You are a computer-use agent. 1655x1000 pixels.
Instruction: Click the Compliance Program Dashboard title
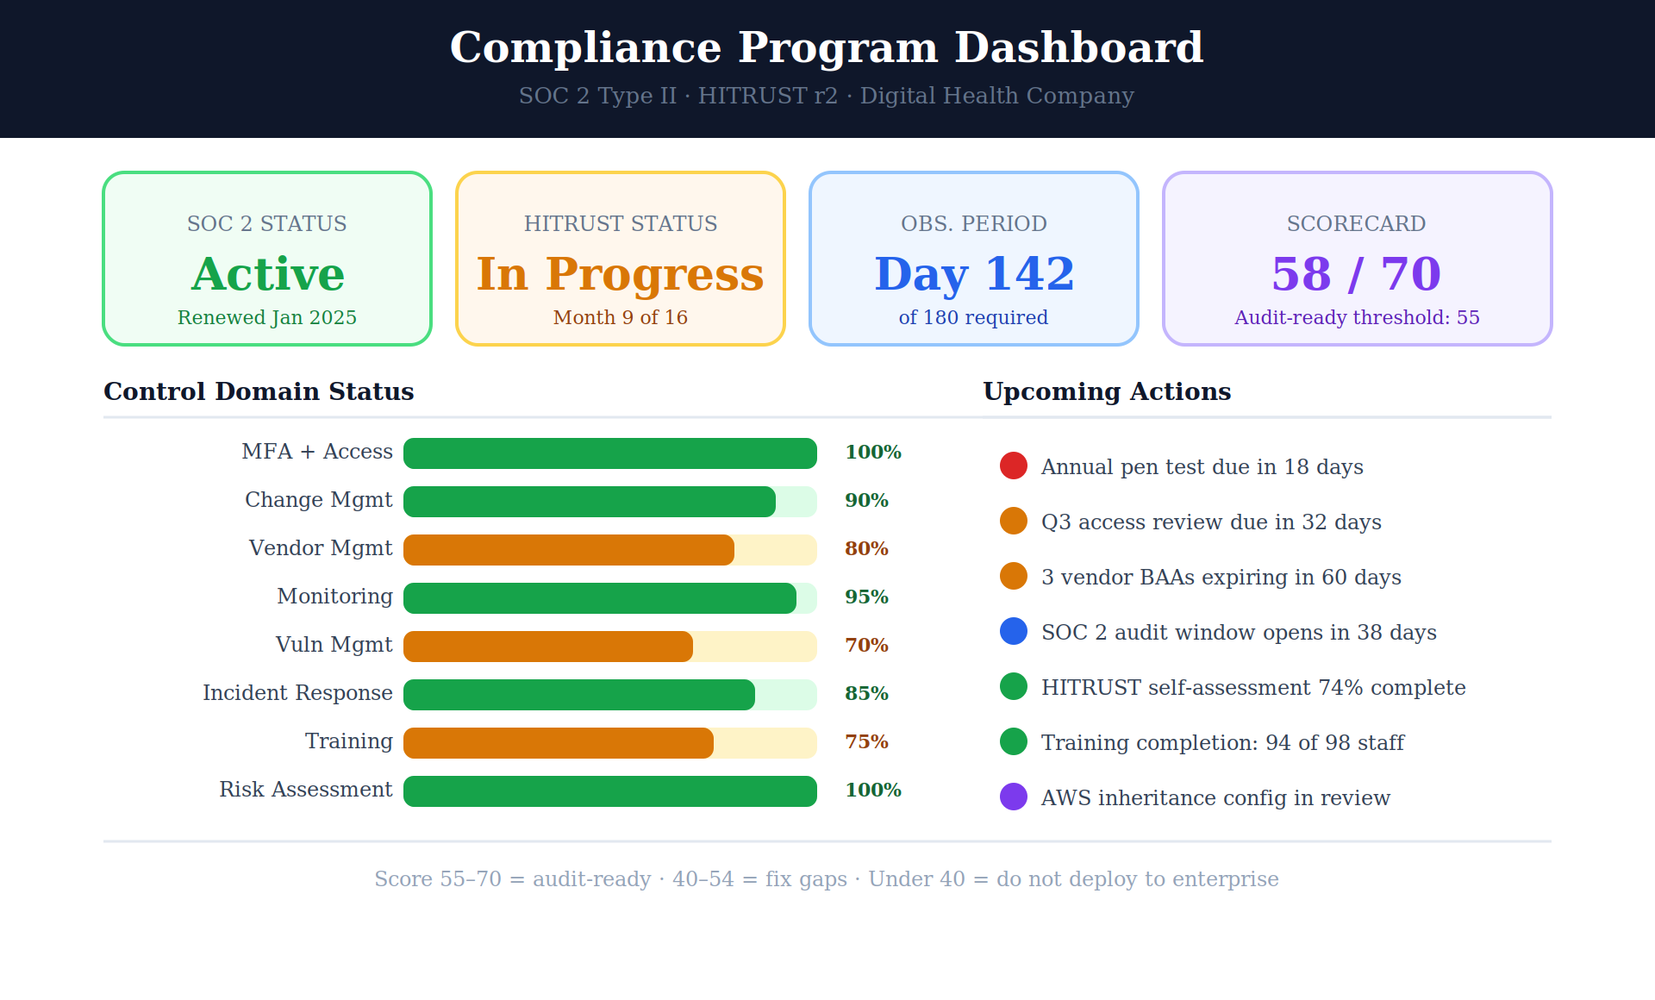pyautogui.click(x=827, y=47)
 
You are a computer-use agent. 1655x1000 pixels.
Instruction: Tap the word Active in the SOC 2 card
pyautogui.click(x=267, y=274)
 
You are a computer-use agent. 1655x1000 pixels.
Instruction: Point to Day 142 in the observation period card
pyautogui.click(x=974, y=275)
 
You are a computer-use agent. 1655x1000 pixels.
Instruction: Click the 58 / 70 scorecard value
pyautogui.click(x=1357, y=274)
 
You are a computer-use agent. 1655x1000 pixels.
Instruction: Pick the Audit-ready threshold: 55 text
pyautogui.click(x=1357, y=317)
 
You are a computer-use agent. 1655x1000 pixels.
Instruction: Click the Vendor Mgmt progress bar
pyautogui.click(x=610, y=550)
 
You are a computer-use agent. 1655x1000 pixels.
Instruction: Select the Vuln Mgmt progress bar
pyautogui.click(x=610, y=647)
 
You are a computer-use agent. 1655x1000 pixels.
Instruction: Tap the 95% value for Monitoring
pyautogui.click(x=866, y=597)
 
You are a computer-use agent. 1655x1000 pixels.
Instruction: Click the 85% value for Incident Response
pyautogui.click(x=866, y=693)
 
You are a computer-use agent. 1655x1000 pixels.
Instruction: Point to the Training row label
pyautogui.click(x=349, y=741)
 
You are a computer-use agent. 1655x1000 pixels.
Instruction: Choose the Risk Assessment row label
pyautogui.click(x=306, y=790)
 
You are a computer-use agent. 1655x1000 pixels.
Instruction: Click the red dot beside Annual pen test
pyautogui.click(x=1014, y=466)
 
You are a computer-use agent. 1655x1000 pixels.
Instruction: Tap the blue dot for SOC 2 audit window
pyautogui.click(x=1014, y=631)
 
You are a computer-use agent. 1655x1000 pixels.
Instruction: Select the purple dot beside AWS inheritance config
pyautogui.click(x=1014, y=797)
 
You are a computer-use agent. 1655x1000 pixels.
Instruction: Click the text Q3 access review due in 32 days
pyautogui.click(x=1211, y=522)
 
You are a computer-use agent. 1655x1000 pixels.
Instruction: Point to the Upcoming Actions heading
pyautogui.click(x=1107, y=391)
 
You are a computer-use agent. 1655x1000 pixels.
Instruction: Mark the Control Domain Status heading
pyautogui.click(x=259, y=391)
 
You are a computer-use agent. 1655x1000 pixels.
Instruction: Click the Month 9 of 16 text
pyautogui.click(x=621, y=317)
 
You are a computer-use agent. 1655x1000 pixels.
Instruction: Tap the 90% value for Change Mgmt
pyautogui.click(x=866, y=500)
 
